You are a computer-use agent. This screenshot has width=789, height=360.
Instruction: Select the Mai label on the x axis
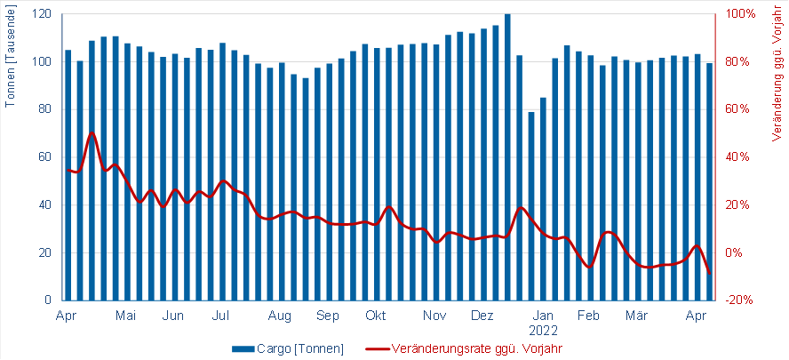(126, 316)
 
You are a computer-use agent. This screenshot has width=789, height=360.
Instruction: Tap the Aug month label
(280, 316)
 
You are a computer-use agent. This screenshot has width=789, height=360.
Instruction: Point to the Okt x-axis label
(376, 316)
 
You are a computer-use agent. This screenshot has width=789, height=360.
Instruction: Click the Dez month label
(482, 316)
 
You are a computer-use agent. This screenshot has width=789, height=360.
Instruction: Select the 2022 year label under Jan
(545, 330)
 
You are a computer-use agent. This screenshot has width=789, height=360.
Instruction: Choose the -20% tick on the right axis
(739, 300)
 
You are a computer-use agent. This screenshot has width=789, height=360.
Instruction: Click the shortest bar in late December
(531, 205)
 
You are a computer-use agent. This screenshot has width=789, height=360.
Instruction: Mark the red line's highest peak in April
(92, 132)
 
